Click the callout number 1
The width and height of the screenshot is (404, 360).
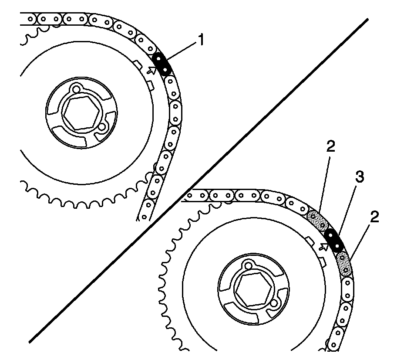[201, 41]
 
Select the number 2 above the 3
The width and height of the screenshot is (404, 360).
[330, 147]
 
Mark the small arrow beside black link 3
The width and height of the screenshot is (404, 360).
[323, 246]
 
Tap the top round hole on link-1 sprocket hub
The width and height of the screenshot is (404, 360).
[77, 89]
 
